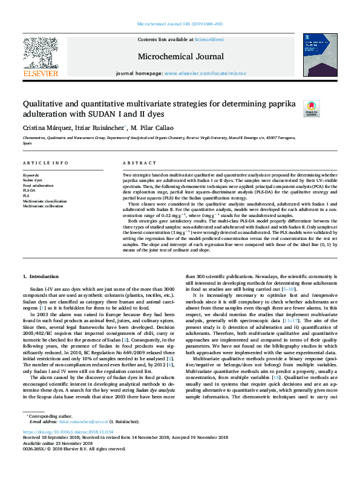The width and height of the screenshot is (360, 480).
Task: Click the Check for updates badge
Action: tap(311, 108)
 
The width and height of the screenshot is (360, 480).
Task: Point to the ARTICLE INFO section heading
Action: tap(45, 163)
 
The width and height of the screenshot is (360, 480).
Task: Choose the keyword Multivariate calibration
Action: tap(44, 206)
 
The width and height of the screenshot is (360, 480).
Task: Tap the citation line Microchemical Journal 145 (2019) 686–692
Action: tap(179, 25)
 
